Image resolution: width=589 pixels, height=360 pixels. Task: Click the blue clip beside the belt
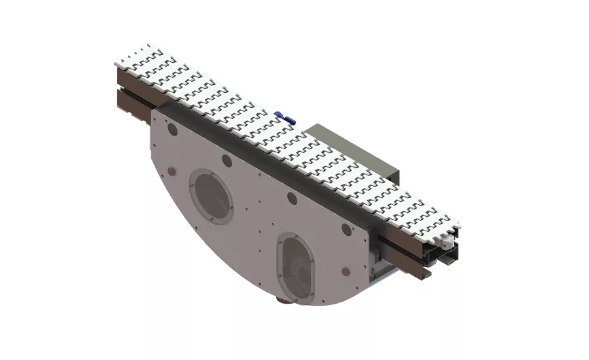coord(283,117)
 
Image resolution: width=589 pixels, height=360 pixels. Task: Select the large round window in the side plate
coord(211,196)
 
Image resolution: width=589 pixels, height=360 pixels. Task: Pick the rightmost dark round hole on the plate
coord(346,228)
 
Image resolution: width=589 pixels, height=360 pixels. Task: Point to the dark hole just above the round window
coord(226,160)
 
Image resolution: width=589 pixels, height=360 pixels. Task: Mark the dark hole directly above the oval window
coord(291,198)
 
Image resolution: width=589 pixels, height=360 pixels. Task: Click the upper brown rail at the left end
coord(128,80)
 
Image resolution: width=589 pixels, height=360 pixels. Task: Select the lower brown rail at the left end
coord(131,102)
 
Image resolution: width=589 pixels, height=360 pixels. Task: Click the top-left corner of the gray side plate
coord(153,111)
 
